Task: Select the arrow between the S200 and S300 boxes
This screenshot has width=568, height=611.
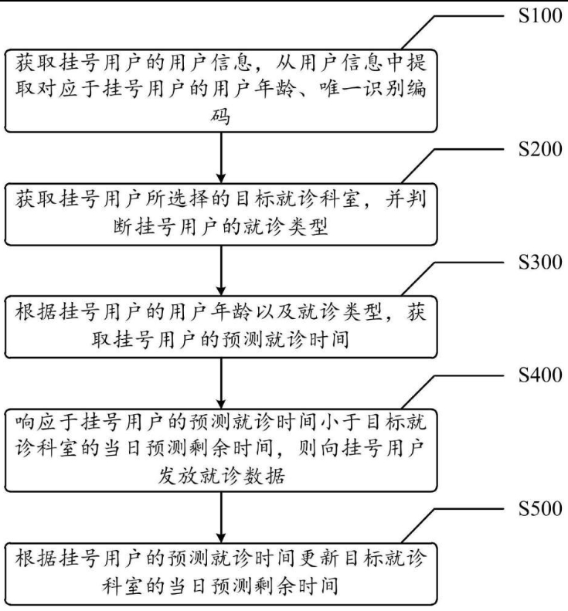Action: (x=222, y=269)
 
